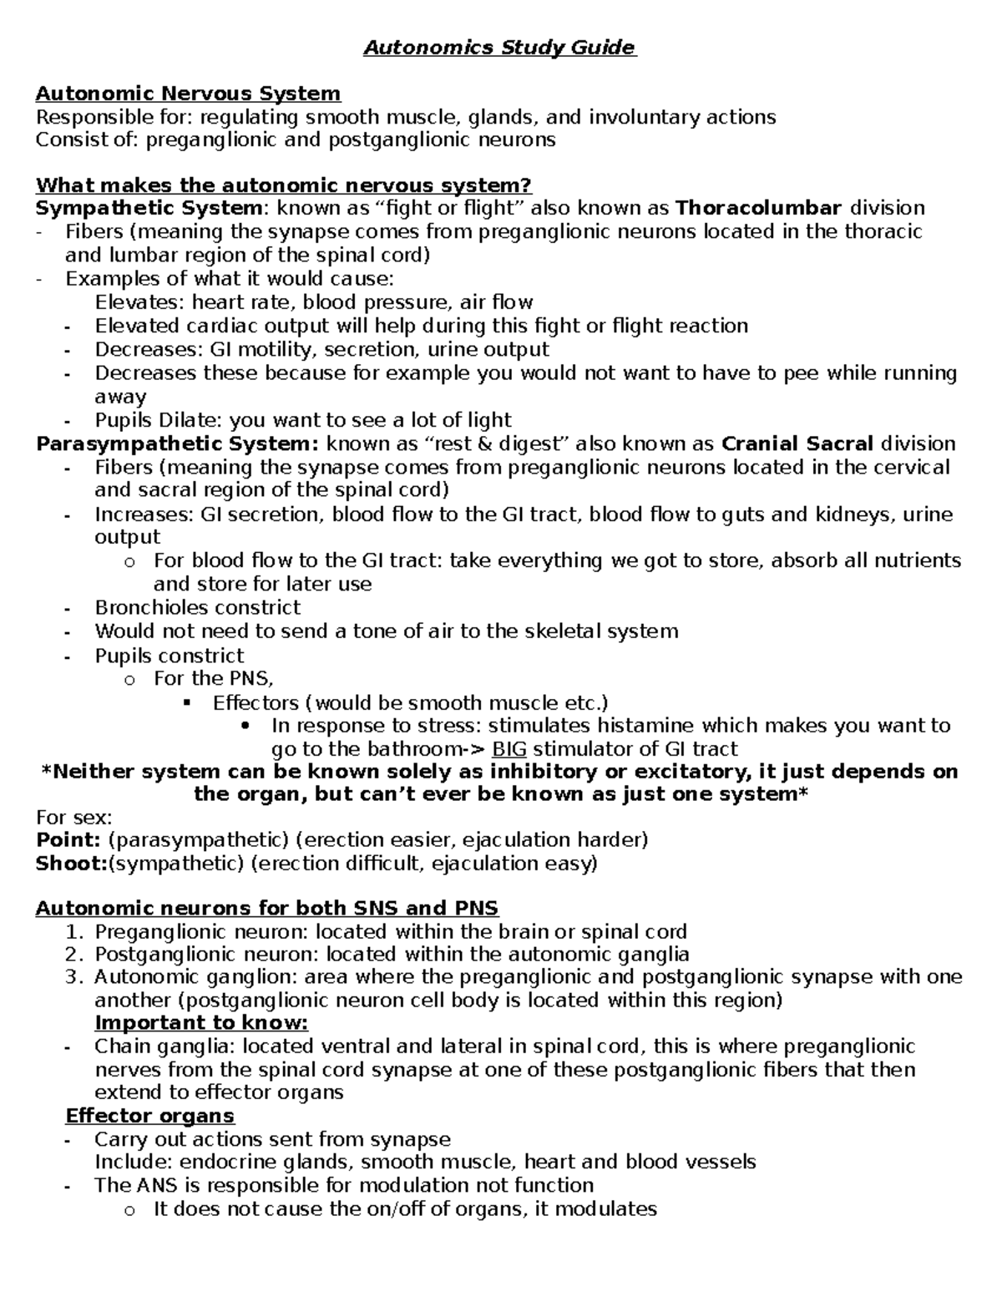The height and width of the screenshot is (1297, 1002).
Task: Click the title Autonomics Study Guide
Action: [x=499, y=48]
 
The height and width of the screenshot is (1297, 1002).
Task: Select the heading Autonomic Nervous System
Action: [x=188, y=94]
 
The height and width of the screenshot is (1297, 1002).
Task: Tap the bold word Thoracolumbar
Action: [x=758, y=208]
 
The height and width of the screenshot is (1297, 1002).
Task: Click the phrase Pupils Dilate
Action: [x=158, y=420]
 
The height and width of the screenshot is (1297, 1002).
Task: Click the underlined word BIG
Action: [x=509, y=749]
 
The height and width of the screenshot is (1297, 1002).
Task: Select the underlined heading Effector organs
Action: [x=150, y=1116]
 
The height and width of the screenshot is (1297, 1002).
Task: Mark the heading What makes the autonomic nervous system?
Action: [x=283, y=185]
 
